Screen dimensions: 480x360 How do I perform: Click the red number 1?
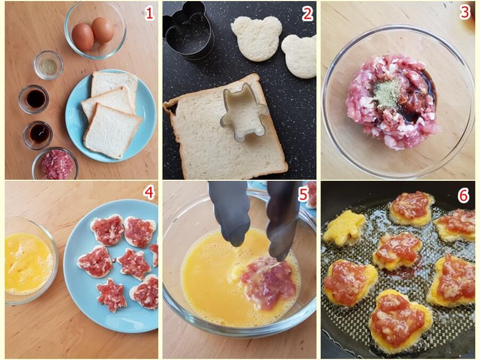click(x=149, y=13)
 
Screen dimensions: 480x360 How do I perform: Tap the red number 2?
click(x=308, y=14)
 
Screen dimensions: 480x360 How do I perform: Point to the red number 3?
click(x=465, y=12)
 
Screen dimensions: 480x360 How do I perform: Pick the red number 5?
click(x=303, y=195)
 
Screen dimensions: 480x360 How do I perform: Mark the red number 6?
click(x=463, y=195)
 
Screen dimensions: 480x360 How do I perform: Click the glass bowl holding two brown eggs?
click(x=95, y=30)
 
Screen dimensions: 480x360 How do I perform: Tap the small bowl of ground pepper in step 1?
click(x=48, y=65)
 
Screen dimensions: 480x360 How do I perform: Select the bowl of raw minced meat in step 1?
click(x=55, y=164)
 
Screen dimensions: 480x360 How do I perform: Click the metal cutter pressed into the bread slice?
click(x=244, y=113)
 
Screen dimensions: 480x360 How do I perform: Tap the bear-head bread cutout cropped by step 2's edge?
click(x=300, y=56)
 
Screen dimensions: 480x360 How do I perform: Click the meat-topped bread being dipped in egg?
click(x=265, y=281)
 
